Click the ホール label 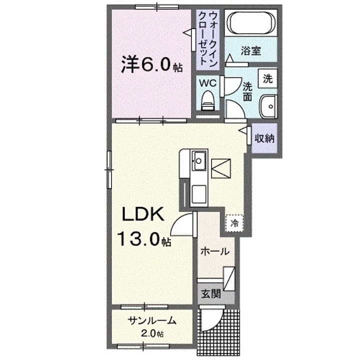pyautogui.click(x=214, y=251)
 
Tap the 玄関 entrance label pyautogui.click(x=208, y=293)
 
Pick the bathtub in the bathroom pyautogui.click(x=250, y=23)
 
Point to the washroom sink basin pyautogui.click(x=269, y=105)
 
